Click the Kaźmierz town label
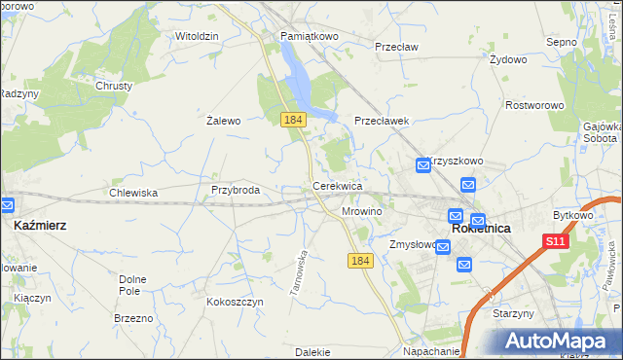click(41, 225)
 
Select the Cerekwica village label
click(337, 185)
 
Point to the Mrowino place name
click(362, 210)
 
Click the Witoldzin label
click(197, 36)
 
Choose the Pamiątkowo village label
click(309, 36)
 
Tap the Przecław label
click(396, 45)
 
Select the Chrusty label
click(114, 86)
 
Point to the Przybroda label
click(236, 190)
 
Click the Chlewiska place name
click(133, 193)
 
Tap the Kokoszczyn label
click(235, 302)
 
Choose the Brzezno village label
click(133, 318)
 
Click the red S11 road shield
click(555, 241)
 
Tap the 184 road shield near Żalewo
click(293, 119)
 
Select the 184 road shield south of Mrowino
click(360, 261)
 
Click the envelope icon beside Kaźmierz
click(7, 205)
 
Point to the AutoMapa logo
click(562, 341)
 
